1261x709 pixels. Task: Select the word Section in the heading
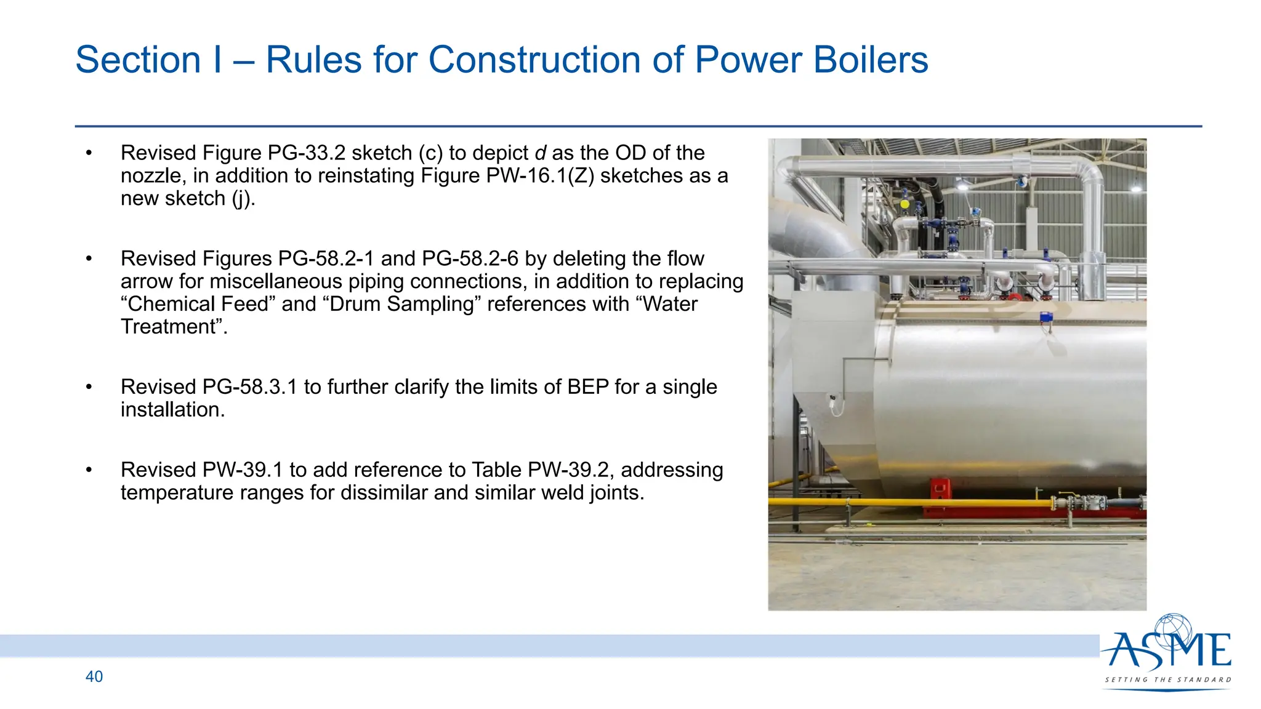coord(138,60)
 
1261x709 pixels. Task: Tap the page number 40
coord(94,676)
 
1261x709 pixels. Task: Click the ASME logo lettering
coord(1167,651)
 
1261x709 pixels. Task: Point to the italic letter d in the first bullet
coord(540,153)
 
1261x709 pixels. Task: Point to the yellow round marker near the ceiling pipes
coord(904,204)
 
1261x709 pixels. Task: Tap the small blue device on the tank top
coord(1045,318)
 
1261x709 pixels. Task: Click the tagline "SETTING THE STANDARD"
coord(1168,679)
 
